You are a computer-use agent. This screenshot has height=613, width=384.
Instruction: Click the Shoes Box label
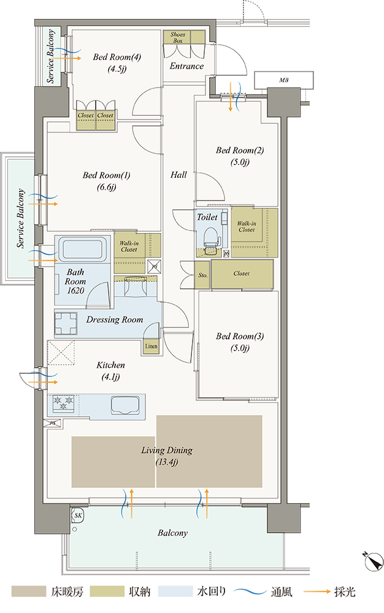[x=177, y=37]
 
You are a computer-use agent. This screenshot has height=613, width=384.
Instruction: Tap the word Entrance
[x=186, y=66]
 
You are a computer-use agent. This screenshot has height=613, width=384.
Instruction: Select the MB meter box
[x=284, y=80]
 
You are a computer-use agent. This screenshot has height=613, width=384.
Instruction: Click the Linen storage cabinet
[x=151, y=346]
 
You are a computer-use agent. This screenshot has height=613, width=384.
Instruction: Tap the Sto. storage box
[x=202, y=275]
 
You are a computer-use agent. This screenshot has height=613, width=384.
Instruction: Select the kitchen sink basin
[x=125, y=405]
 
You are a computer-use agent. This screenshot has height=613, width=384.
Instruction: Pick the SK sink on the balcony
[x=78, y=516]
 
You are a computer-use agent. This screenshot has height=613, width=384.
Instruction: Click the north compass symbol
[x=374, y=562]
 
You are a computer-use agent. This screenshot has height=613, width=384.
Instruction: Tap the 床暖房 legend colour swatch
[x=29, y=591]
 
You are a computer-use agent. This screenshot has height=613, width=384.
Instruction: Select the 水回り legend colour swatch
[x=175, y=591]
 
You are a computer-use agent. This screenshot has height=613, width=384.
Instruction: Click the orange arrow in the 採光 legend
[x=317, y=592]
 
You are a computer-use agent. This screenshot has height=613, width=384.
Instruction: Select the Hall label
[x=179, y=175]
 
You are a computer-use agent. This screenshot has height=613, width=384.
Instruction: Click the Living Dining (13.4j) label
[x=167, y=456]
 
